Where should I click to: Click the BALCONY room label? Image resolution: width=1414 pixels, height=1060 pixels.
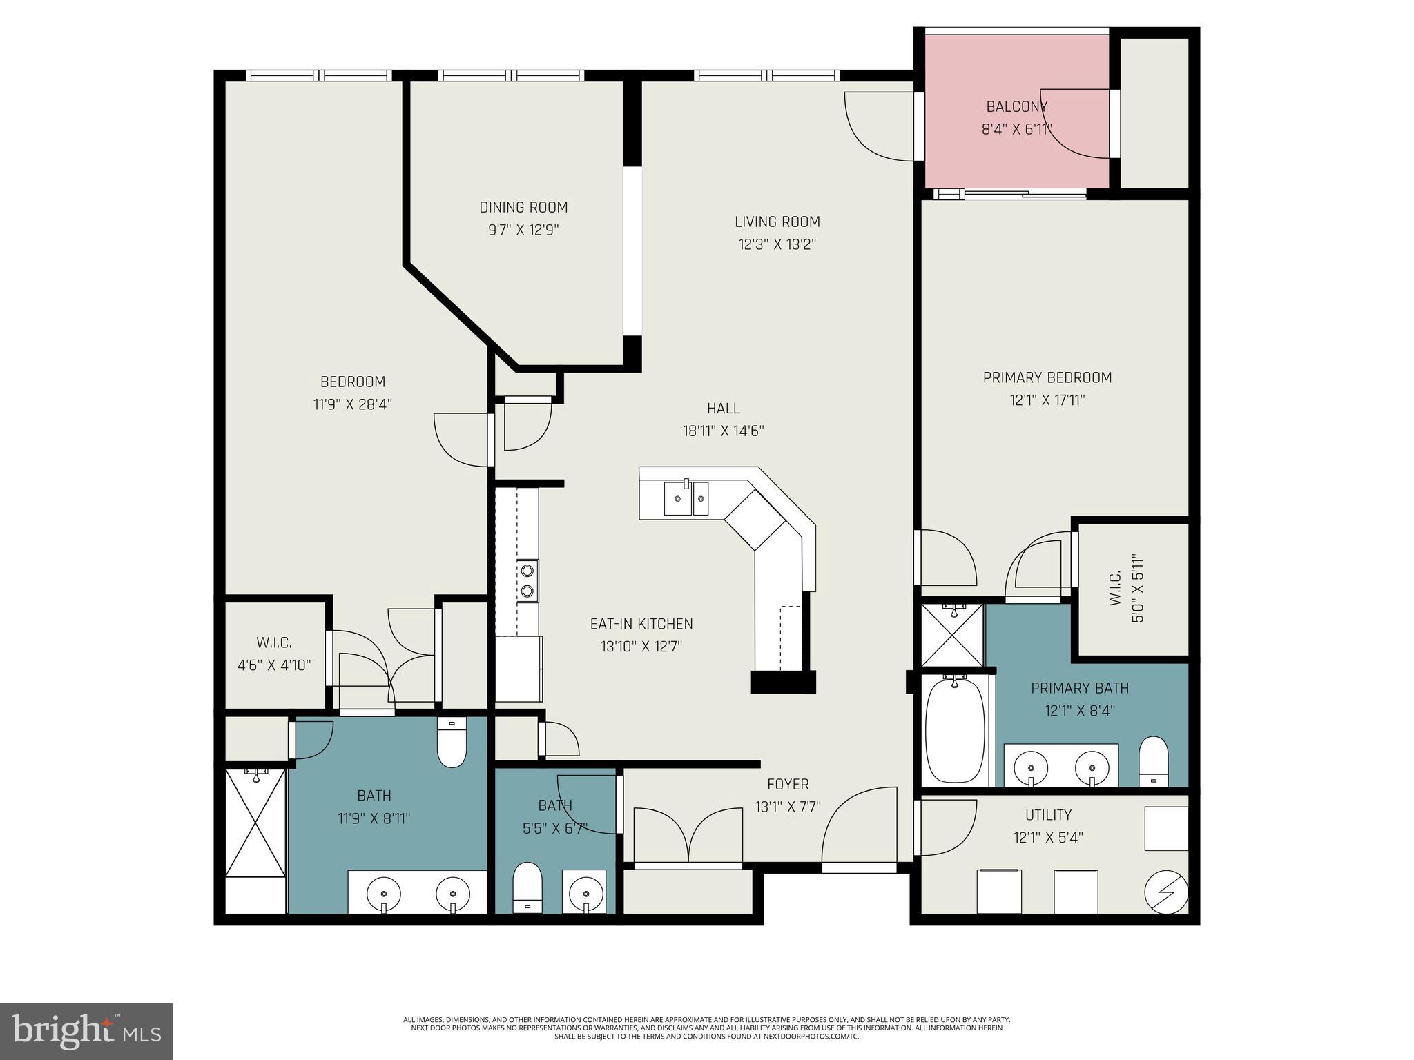1016,107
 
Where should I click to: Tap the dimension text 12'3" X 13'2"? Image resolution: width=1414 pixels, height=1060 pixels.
777,244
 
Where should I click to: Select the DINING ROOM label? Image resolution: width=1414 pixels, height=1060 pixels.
523,207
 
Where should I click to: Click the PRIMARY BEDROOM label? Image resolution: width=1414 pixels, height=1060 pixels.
1047,377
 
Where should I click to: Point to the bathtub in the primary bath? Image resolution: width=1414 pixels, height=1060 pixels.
955,732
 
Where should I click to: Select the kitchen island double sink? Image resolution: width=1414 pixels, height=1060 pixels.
686,498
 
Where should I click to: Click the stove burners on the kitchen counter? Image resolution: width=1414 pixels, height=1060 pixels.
527,580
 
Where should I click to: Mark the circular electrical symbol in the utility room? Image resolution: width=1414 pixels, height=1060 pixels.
1166,892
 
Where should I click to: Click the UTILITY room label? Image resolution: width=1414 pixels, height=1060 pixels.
1048,815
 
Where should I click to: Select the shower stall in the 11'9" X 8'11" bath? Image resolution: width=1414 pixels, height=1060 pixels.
255,825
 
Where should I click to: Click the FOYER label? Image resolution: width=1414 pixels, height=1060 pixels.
788,784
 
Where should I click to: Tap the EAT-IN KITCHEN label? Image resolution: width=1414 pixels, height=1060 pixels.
641,624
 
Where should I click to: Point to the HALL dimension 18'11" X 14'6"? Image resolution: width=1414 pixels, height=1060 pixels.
723,431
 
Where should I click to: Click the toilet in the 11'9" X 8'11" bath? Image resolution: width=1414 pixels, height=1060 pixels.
452,743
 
